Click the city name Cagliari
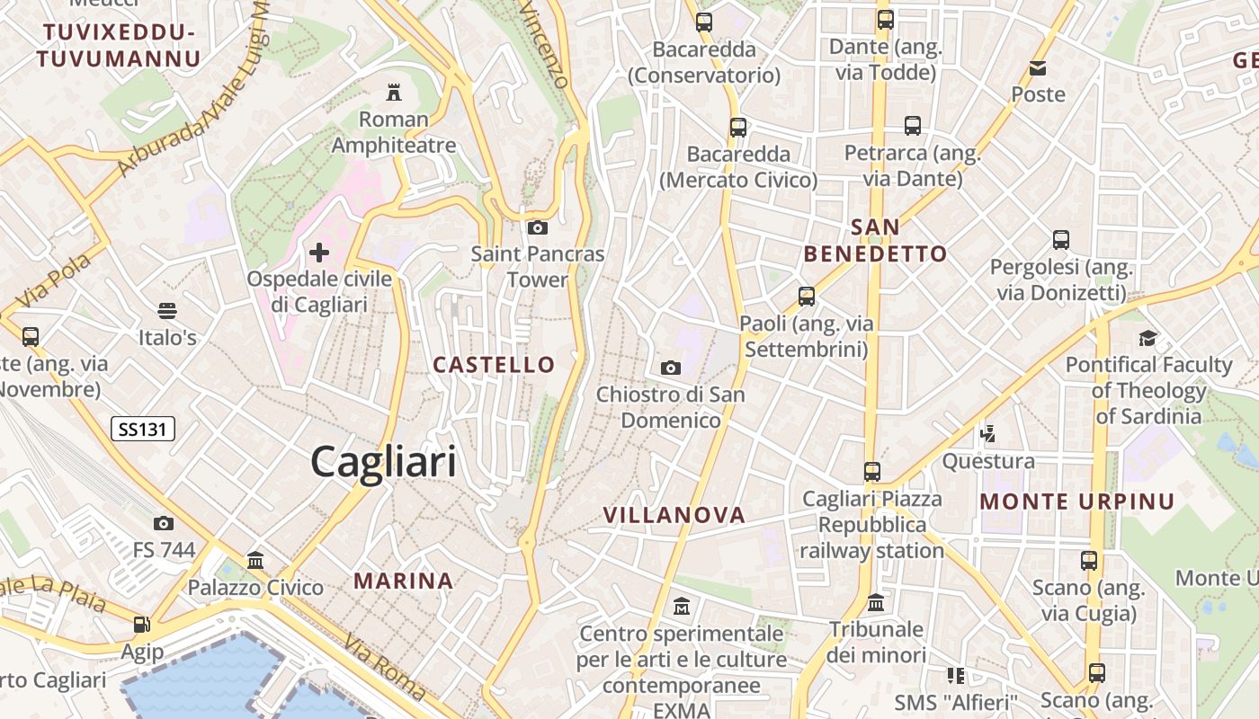(383, 462)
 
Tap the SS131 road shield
(143, 429)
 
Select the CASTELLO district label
(494, 364)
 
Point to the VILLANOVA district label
(674, 515)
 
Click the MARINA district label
(403, 581)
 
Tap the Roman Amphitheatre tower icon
(393, 92)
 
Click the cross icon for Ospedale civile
(319, 253)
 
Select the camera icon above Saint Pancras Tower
(538, 228)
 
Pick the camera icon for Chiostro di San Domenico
(670, 368)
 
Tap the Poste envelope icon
(1038, 68)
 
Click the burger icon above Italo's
(166, 311)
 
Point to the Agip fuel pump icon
(141, 625)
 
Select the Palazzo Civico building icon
(255, 561)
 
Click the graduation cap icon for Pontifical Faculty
(1147, 338)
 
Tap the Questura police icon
(987, 434)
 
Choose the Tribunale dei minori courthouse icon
(876, 602)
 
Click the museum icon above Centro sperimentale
(681, 607)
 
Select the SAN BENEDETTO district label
(875, 240)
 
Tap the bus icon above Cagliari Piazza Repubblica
(871, 471)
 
